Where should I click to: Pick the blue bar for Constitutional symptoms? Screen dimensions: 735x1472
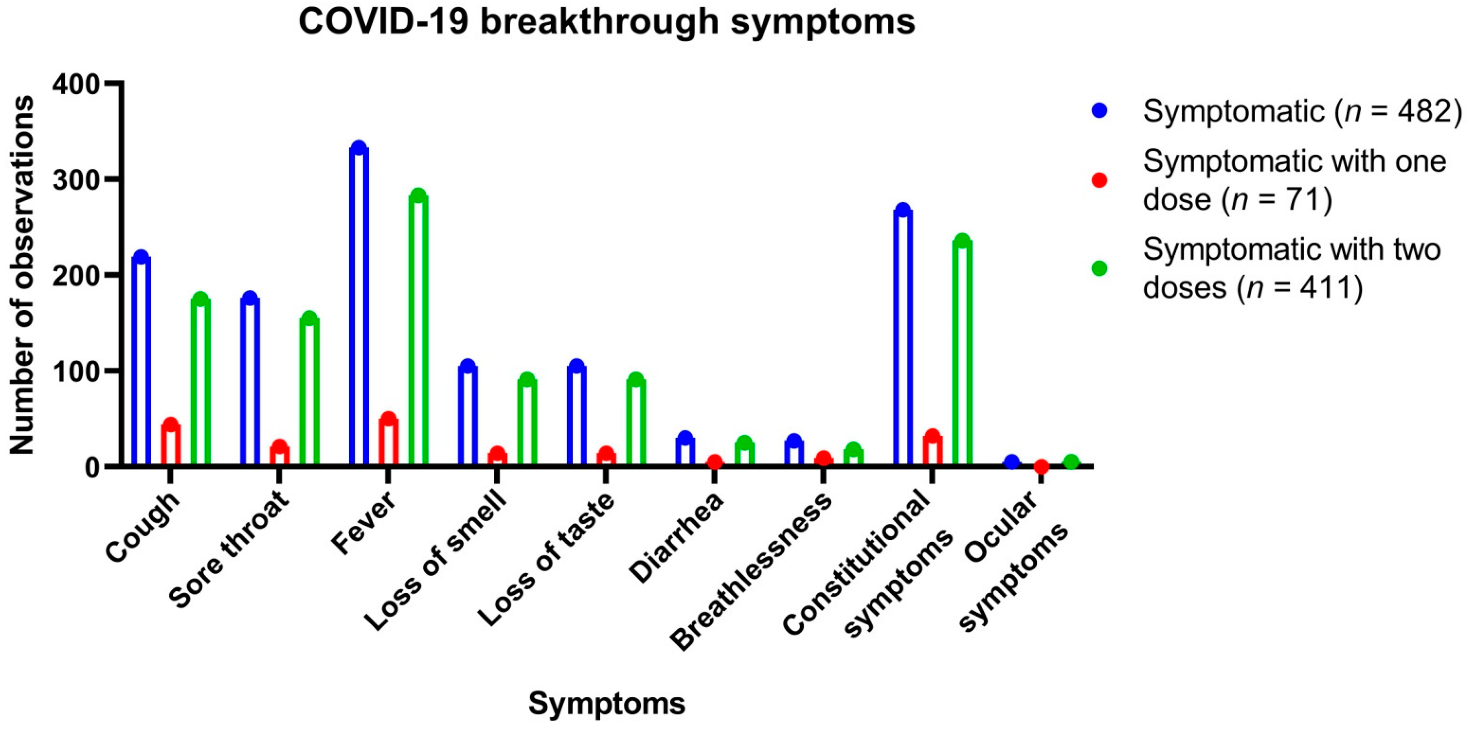tap(903, 337)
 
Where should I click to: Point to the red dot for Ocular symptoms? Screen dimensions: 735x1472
tap(1041, 467)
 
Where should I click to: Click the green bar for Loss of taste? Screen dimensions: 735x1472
tap(636, 423)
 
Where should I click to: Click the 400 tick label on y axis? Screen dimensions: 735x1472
tap(76, 84)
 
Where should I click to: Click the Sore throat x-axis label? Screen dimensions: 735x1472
tap(231, 551)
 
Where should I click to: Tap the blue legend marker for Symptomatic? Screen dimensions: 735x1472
tap(1099, 111)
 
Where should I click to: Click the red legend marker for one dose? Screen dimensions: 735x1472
tap(1099, 181)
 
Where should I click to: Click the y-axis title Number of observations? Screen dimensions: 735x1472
tap(22, 276)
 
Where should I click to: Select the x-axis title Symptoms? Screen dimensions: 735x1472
tap(607, 703)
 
